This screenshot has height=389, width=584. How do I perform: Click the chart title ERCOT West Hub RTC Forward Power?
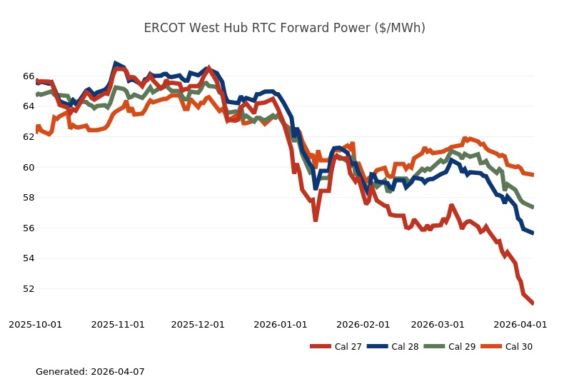click(x=284, y=28)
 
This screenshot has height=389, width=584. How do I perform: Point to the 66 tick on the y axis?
click(x=29, y=76)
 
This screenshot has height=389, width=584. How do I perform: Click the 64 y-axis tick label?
click(x=29, y=106)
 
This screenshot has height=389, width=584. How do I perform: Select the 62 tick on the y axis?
click(x=29, y=136)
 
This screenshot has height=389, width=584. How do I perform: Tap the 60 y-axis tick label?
click(x=29, y=167)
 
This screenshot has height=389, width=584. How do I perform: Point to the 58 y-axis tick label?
click(x=29, y=197)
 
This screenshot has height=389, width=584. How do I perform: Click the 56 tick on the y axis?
click(x=29, y=228)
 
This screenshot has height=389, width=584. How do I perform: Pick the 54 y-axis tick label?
click(x=29, y=258)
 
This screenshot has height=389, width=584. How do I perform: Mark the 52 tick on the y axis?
click(x=29, y=288)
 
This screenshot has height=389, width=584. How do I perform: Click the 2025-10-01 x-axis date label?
click(x=35, y=324)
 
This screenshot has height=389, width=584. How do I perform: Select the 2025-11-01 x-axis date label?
click(x=118, y=324)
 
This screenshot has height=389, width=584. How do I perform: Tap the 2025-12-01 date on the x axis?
click(x=198, y=324)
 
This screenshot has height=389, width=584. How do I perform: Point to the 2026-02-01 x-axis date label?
click(x=363, y=324)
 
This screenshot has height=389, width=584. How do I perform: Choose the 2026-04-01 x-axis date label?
click(x=520, y=324)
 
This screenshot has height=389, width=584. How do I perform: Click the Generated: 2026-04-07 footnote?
click(x=90, y=372)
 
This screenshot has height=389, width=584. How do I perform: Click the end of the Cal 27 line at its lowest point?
click(x=533, y=303)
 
